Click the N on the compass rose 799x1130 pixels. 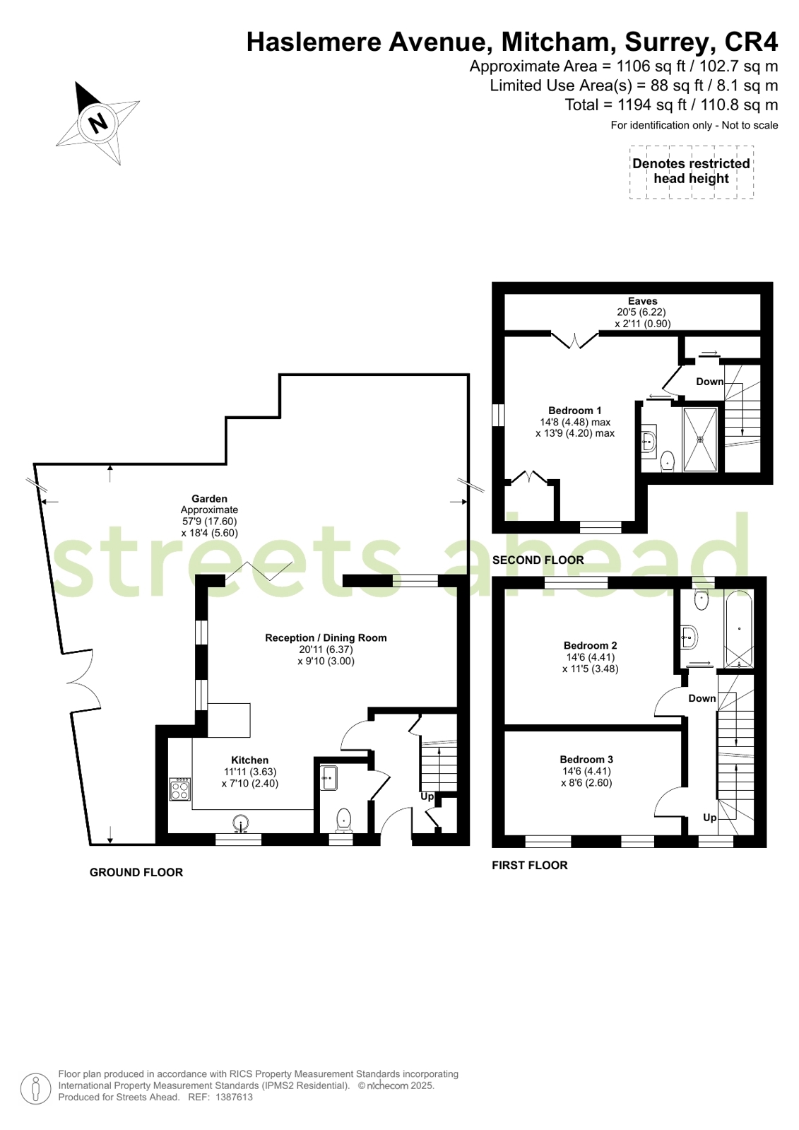click(x=98, y=122)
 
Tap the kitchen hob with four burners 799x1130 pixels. click(x=180, y=789)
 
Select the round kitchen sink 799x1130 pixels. click(x=242, y=823)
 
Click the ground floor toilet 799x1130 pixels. click(x=343, y=820)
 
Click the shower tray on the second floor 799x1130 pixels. click(x=699, y=440)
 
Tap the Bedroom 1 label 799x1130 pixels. click(x=574, y=411)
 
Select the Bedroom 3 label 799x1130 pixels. click(x=586, y=760)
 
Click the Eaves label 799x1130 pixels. click(x=642, y=301)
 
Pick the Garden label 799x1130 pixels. click(x=209, y=499)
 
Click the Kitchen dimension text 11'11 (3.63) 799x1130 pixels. click(x=250, y=772)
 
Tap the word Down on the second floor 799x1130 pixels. click(x=710, y=382)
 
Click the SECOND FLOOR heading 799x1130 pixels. click(x=538, y=560)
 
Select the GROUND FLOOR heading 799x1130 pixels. click(x=136, y=873)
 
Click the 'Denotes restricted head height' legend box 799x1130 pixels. click(x=691, y=172)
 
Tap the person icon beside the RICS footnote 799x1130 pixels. click(x=35, y=1088)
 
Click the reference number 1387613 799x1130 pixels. click(x=234, y=1097)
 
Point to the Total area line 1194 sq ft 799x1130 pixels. click(x=671, y=105)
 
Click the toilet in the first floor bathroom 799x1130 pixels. click(x=702, y=600)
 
